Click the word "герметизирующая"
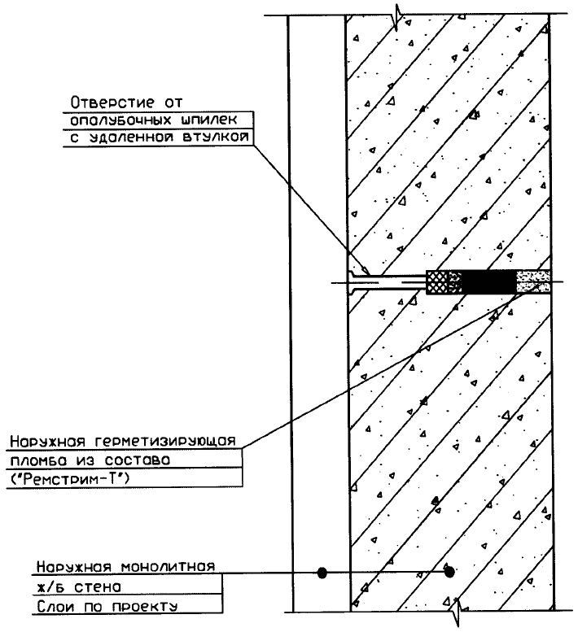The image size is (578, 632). pyautogui.click(x=169, y=441)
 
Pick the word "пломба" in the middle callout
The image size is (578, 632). pyautogui.click(x=33, y=460)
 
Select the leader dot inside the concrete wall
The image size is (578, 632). pyautogui.click(x=449, y=573)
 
